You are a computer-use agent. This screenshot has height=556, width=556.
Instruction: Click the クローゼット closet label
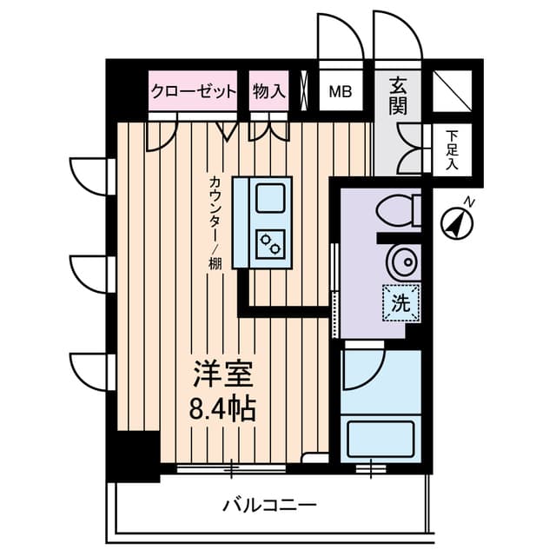[194, 91]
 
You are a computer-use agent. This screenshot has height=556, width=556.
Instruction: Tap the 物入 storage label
[268, 91]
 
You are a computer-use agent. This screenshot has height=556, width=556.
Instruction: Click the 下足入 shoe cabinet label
[452, 149]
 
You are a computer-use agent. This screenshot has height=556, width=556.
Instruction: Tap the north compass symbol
[457, 221]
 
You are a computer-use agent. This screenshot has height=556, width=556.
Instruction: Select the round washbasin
[402, 261]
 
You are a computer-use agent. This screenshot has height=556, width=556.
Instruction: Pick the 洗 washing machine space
[400, 303]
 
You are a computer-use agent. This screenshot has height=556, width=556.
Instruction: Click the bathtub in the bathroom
[381, 439]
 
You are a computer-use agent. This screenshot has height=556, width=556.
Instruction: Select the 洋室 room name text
[222, 377]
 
